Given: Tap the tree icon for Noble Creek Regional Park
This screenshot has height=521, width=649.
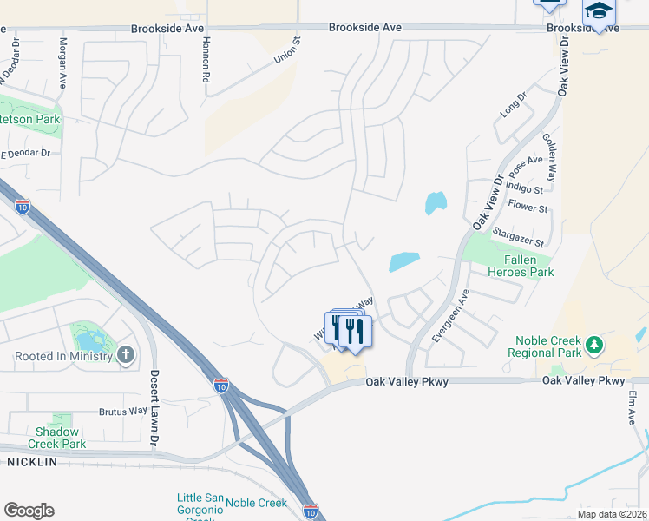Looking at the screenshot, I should click(x=593, y=345).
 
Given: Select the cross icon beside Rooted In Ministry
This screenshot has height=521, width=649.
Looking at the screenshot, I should click(x=126, y=355).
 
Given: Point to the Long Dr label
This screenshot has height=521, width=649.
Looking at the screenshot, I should click(x=514, y=107).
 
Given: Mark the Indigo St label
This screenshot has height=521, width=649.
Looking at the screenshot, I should click(x=526, y=188).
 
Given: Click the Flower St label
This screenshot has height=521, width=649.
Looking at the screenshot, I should click(x=528, y=208).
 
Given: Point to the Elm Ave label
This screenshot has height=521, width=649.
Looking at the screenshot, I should click(x=633, y=406).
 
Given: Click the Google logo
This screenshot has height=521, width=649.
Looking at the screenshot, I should click(x=29, y=510).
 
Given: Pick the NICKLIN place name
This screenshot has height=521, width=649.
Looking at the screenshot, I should click(x=32, y=462).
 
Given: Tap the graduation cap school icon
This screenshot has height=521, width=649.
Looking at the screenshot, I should click(x=598, y=12).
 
